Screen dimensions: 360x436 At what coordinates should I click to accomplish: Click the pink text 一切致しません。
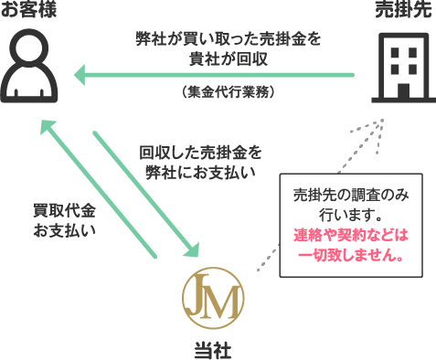pos(351,255)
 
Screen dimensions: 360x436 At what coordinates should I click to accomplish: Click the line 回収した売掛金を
pos(200,150)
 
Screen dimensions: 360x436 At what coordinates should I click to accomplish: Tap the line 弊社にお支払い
pos(200,170)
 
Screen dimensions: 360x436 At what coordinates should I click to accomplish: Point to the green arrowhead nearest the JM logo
pos(191,249)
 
